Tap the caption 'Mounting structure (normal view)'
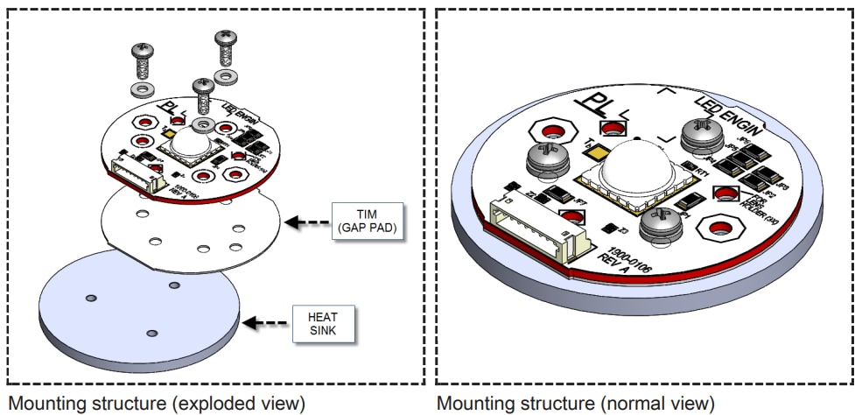click(577, 403)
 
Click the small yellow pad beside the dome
click(598, 152)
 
